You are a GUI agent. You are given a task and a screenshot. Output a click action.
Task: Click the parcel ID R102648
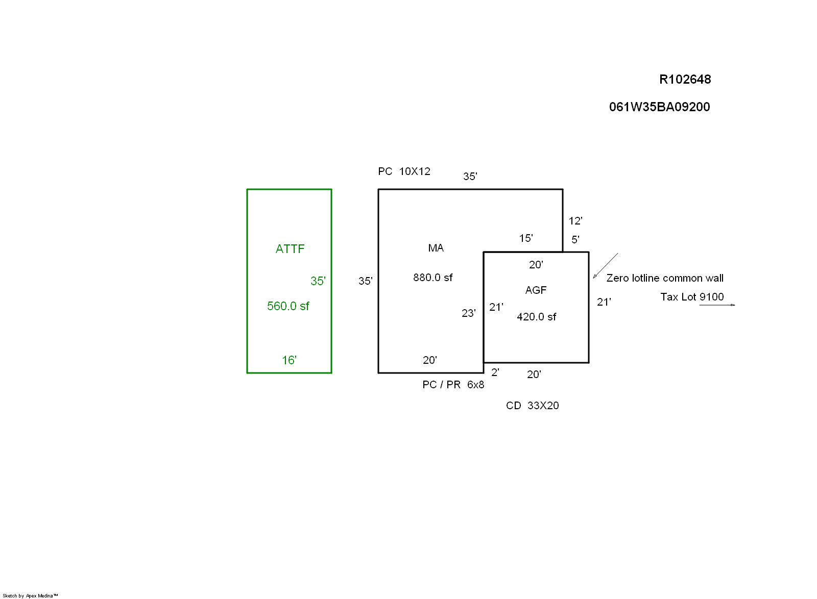pos(685,79)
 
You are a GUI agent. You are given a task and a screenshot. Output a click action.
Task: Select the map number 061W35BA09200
pos(659,107)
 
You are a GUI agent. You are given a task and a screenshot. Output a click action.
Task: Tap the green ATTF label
pos(290,249)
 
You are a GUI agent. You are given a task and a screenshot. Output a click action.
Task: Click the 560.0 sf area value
pos(288,306)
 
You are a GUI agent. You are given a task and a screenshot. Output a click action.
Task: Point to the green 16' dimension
pos(289,360)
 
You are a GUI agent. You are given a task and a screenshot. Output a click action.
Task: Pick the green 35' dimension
pos(318,281)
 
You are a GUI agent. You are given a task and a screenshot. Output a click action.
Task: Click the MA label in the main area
pos(436,248)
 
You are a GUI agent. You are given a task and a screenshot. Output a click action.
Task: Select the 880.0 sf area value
pos(432,278)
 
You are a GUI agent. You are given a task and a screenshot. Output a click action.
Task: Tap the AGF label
pos(536,290)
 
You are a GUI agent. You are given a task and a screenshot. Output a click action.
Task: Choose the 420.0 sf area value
pos(536,317)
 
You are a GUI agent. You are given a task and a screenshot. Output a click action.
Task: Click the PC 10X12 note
pos(404,171)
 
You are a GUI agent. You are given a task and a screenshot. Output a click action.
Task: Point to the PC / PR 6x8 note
pos(453,385)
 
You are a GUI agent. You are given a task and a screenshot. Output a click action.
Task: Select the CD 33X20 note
pos(532,406)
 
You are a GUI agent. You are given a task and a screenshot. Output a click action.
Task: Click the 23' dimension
pos(468,313)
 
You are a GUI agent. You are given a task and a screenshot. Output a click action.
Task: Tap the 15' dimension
pos(526,238)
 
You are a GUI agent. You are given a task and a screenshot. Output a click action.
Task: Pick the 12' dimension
pos(575,221)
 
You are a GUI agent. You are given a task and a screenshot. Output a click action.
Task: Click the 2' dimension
pos(495,372)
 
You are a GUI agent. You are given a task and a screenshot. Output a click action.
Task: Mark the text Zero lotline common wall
pos(664,278)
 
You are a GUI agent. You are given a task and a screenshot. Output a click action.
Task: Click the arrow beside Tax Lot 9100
pos(717,305)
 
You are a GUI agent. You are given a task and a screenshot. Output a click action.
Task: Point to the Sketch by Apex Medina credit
pos(30,595)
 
